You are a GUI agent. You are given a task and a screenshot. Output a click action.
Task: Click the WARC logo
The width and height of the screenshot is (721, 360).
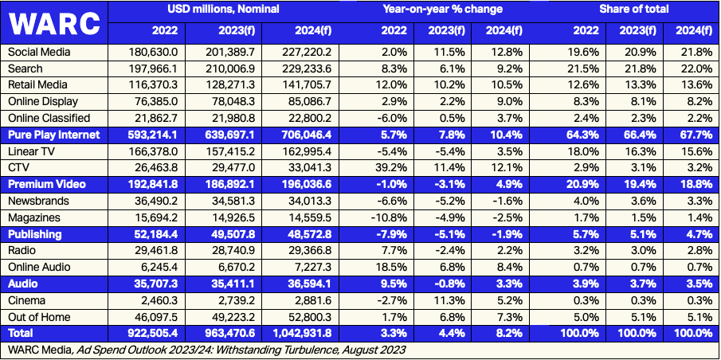click(x=55, y=23)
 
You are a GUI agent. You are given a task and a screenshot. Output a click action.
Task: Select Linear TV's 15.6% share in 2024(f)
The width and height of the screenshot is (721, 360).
click(x=688, y=151)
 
